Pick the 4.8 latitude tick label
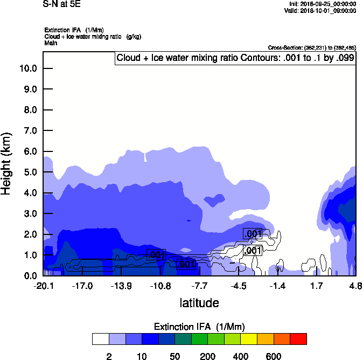355,286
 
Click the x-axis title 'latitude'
199,303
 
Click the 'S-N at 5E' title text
61,4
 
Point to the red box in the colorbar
298,339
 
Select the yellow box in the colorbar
249,339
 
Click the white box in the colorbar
100,339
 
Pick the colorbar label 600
274,356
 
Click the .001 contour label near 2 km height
253,234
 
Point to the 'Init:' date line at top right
322,3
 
